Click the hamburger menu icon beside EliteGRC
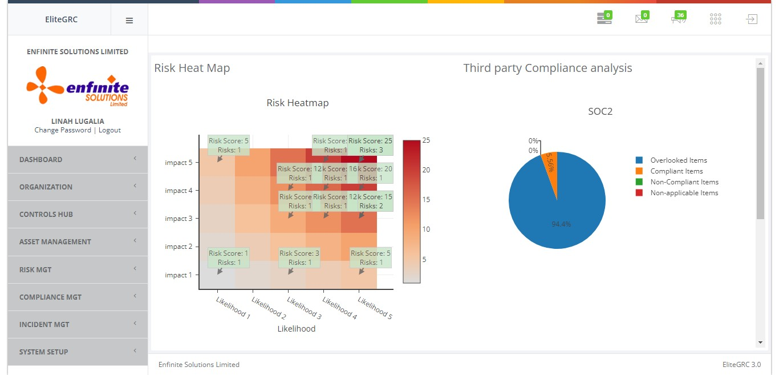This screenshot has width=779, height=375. tap(129, 21)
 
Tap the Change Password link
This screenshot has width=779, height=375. tap(63, 130)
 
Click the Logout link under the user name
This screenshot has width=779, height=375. tap(109, 130)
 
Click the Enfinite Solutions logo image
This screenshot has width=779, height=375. tap(78, 86)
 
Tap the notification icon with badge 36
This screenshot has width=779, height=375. tap(678, 19)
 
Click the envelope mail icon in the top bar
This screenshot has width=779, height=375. tap(642, 19)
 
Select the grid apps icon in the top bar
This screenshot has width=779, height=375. tap(716, 19)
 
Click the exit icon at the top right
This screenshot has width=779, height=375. tap(752, 19)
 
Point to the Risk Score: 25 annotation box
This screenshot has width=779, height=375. tap(370, 146)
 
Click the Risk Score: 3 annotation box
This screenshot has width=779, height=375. tap(299, 258)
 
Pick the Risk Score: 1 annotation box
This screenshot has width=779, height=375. tap(229, 258)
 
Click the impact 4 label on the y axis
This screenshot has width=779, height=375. tap(178, 191)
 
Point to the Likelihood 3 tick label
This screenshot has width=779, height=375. tap(304, 308)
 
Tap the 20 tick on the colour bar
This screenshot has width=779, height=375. tap(426, 170)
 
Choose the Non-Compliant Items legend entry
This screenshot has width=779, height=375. tap(684, 182)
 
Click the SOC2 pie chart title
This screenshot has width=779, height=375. tap(600, 112)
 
